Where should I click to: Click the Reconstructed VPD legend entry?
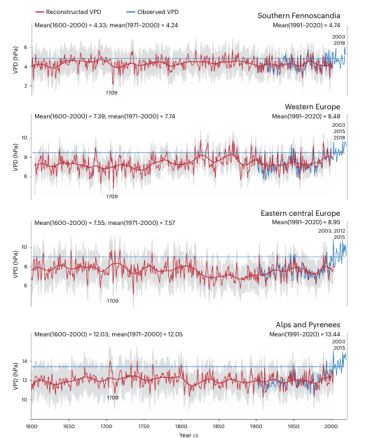click(68, 12)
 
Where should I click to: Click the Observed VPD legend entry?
click(153, 12)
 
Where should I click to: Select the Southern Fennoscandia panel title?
click(299, 15)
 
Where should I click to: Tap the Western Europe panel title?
click(313, 107)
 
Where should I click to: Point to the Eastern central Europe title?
click(300, 214)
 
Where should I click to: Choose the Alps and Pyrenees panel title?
click(308, 324)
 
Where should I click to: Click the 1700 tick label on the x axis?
click(106, 426)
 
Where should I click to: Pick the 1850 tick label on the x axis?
click(219, 426)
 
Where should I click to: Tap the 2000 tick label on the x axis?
click(331, 426)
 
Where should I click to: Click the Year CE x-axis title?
click(189, 435)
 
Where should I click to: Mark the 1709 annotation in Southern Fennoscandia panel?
click(111, 93)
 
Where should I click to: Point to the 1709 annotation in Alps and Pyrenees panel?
click(113, 397)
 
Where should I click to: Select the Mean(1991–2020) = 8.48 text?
click(306, 116)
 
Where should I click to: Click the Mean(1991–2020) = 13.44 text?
click(305, 334)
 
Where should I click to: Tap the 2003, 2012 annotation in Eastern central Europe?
click(331, 231)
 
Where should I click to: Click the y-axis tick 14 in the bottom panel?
click(25, 362)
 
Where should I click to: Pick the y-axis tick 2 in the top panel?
click(26, 86)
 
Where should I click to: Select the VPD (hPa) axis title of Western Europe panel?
click(15, 157)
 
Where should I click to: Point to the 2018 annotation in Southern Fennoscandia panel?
click(339, 43)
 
